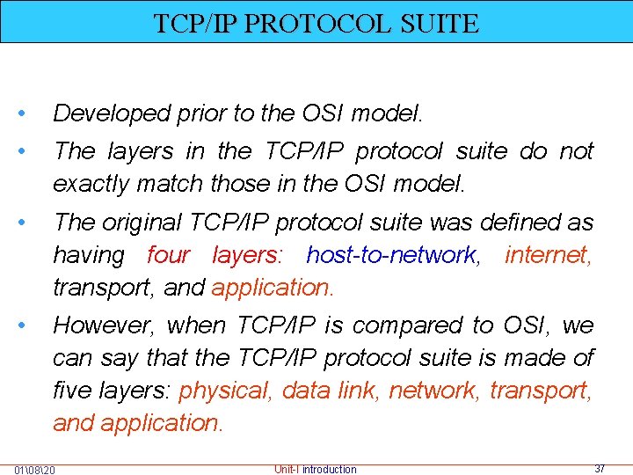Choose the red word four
tap(168, 255)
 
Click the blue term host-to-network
tap(391, 255)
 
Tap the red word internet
tap(549, 255)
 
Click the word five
tap(71, 391)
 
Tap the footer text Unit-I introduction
tap(316, 469)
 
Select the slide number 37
tap(599, 469)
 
